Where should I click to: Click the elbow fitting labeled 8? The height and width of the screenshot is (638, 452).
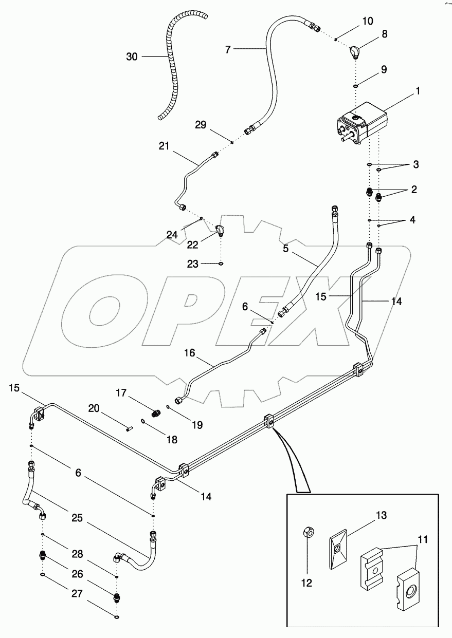[355, 52]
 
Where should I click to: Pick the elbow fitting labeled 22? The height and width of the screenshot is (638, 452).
[220, 231]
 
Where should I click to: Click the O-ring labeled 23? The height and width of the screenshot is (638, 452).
[221, 264]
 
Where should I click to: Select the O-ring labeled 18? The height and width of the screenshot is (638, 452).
[146, 423]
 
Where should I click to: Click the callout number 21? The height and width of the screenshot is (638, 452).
[164, 146]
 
